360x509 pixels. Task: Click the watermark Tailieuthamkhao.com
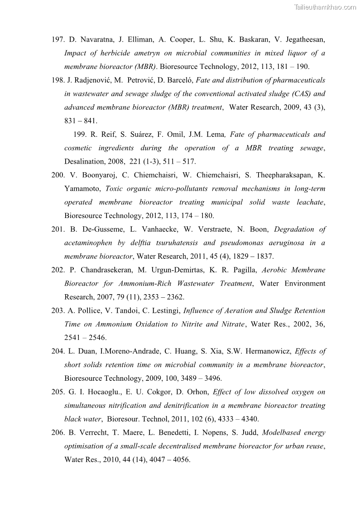[x=325, y=7]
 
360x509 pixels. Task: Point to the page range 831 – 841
[x=81, y=121]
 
